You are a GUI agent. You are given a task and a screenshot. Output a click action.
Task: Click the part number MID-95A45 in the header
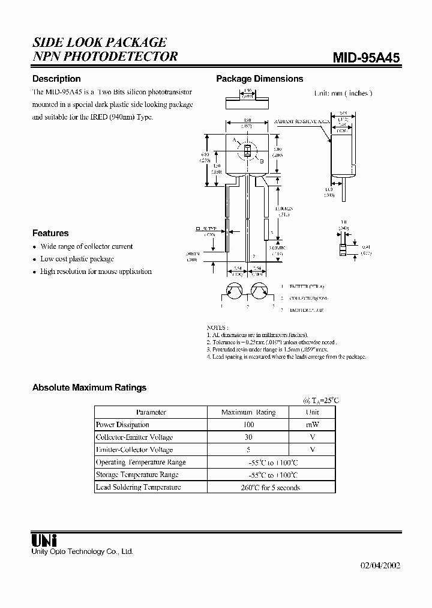pos(367,57)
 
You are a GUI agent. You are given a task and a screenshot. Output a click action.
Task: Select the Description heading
pos(56,79)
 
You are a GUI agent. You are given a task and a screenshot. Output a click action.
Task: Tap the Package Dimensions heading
pos(259,79)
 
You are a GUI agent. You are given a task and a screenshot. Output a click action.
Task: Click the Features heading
pos(50,233)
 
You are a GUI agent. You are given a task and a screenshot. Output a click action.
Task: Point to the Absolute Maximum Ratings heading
pos(89,388)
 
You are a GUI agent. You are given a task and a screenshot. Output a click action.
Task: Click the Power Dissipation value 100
pos(248,425)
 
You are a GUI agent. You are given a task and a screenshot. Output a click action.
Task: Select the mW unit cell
pos(312,425)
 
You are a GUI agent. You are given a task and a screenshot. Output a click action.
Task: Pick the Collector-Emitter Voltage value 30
pos(248,437)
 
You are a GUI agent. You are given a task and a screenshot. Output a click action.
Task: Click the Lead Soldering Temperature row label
pos(139,487)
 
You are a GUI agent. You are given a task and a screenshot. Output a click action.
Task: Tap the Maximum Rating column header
pos(248,412)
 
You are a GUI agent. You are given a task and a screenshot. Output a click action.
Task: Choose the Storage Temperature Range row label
pos(137,475)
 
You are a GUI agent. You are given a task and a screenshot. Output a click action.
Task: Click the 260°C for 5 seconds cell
pos(270,487)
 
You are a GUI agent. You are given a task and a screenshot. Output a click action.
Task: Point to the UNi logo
pos(44,540)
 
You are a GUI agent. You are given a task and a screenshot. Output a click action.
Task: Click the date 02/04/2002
pos(380,565)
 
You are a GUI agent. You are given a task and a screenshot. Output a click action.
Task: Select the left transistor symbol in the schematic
pos(234,291)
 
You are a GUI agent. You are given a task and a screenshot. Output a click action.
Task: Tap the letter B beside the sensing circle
pos(261,161)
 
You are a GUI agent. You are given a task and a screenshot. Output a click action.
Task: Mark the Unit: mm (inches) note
pos(343,93)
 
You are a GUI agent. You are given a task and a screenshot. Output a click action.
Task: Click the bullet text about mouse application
pos(96,272)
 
